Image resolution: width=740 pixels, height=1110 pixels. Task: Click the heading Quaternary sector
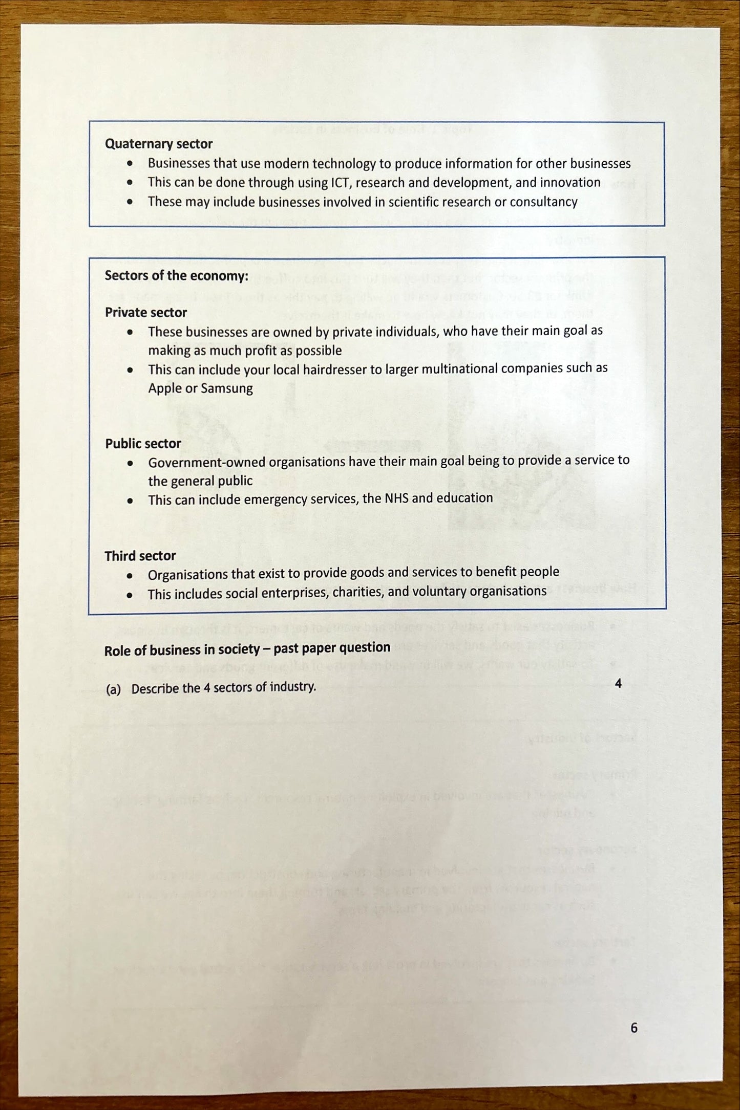(x=158, y=144)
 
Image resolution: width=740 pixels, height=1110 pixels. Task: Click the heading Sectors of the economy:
(x=176, y=275)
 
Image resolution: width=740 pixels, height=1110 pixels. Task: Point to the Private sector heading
(x=145, y=312)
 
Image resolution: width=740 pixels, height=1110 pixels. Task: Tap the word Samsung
(x=227, y=388)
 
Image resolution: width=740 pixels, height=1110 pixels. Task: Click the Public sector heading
(x=143, y=443)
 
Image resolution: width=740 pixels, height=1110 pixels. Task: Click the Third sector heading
(x=140, y=556)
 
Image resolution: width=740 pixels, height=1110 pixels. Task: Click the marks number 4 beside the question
(x=618, y=683)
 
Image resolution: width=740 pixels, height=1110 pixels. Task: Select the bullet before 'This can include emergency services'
(x=130, y=500)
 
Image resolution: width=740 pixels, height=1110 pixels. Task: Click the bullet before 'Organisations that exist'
(x=130, y=576)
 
